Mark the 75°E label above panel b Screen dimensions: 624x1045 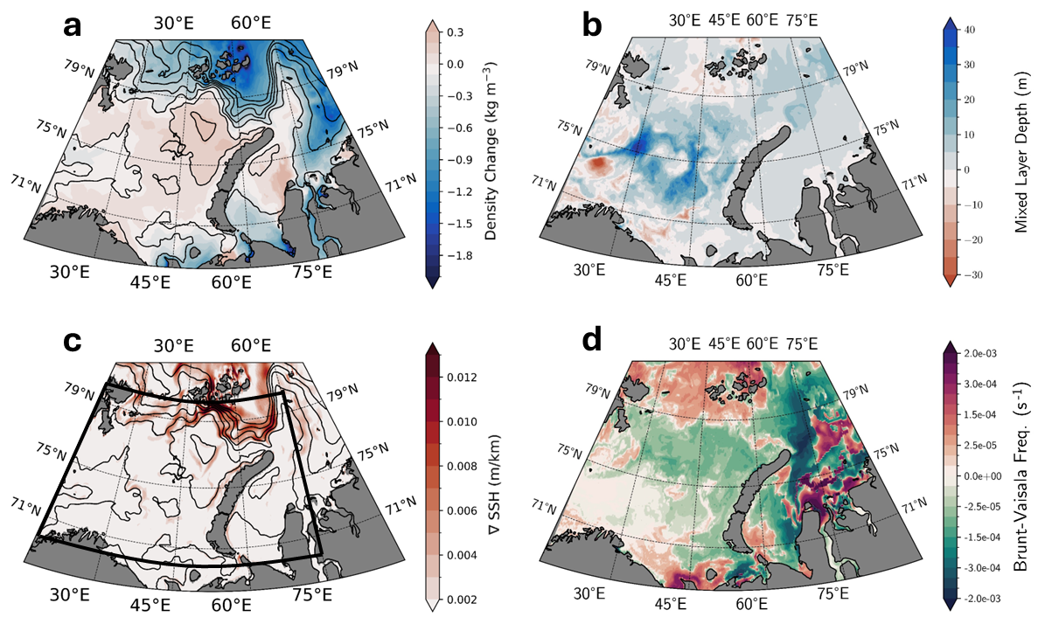[801, 20]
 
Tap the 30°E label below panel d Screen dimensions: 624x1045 [589, 594]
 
